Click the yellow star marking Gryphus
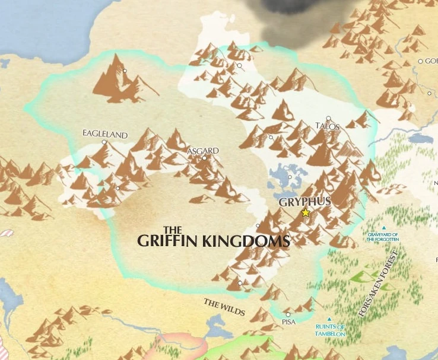click(x=306, y=212)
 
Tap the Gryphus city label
click(x=305, y=202)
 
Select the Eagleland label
click(x=105, y=135)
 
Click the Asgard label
click(x=203, y=151)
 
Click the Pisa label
click(x=288, y=322)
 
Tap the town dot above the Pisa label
click(x=288, y=314)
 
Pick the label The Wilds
click(x=224, y=307)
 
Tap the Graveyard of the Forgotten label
click(x=383, y=236)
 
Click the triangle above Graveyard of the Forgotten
click(x=384, y=228)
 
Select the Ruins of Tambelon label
click(x=330, y=330)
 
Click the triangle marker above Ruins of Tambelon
click(x=329, y=319)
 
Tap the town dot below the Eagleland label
click(x=104, y=142)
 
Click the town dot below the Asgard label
click(x=204, y=158)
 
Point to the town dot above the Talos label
click(x=328, y=119)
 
